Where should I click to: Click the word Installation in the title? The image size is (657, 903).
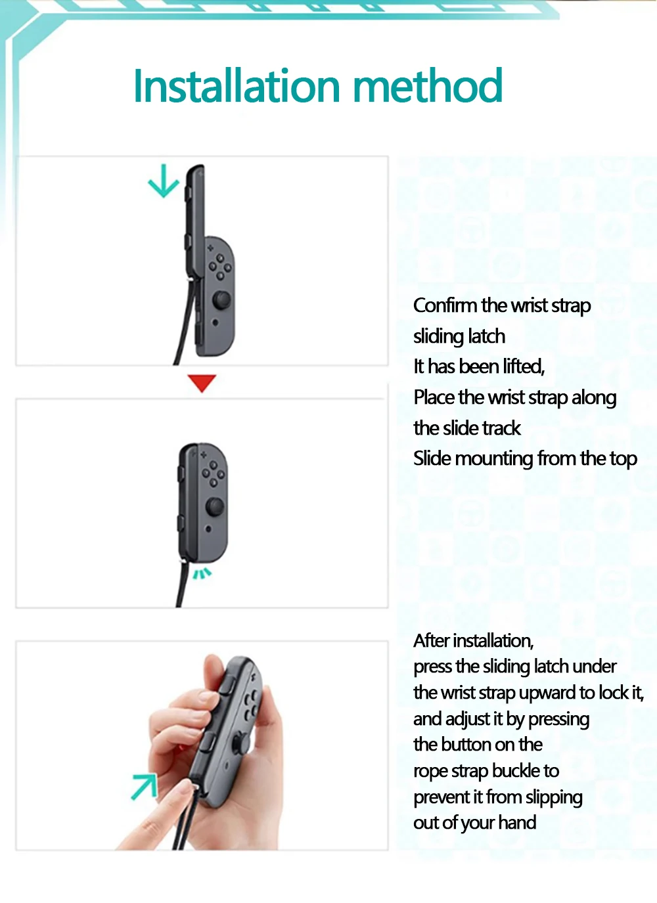[x=237, y=86]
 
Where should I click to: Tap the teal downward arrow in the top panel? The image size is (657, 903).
[x=164, y=181]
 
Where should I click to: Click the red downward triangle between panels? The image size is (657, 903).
[x=202, y=383]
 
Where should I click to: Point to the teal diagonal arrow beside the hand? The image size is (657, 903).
[x=145, y=785]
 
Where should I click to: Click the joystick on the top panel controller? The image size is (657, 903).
[x=222, y=301]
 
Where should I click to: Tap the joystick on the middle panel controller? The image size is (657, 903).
[x=215, y=507]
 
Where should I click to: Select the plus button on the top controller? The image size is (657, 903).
[x=210, y=248]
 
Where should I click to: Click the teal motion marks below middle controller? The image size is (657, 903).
[x=202, y=574]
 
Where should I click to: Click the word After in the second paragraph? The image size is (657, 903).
[x=431, y=640]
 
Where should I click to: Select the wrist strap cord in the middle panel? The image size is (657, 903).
[x=182, y=584]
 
